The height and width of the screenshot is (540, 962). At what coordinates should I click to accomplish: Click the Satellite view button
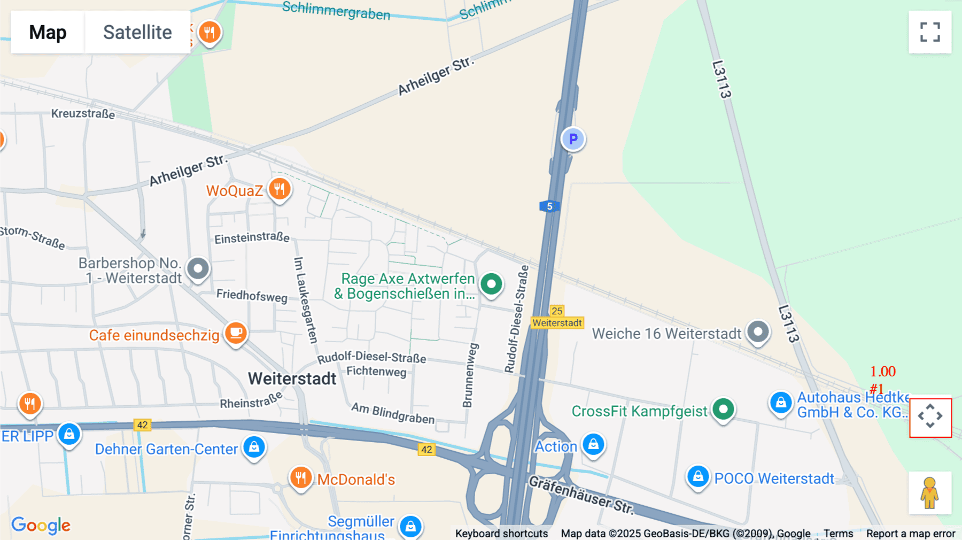pos(137,32)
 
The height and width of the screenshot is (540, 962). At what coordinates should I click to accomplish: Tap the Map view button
pos(48,32)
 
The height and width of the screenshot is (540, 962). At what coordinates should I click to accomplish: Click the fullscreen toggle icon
pos(930,32)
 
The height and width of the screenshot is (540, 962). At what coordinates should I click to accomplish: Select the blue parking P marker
pos(573,139)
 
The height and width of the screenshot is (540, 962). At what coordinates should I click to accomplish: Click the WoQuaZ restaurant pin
pos(279,189)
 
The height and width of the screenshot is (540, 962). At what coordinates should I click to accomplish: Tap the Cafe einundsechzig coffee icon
pos(236,333)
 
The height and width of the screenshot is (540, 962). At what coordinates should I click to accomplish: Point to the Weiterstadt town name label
pos(292,379)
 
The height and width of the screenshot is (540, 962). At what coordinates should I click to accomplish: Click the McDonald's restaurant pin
pos(300,477)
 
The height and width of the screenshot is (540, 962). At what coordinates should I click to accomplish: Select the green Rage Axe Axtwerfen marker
pos(491,284)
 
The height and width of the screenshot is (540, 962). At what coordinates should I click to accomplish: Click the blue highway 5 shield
pos(549,206)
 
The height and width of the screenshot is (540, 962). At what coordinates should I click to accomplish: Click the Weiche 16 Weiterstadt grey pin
pos(757,332)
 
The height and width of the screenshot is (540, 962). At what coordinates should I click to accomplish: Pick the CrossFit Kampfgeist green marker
pos(723,410)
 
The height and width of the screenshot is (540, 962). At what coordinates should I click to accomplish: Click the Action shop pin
pos(593,444)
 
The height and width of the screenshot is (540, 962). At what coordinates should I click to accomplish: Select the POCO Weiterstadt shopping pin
pos(698,476)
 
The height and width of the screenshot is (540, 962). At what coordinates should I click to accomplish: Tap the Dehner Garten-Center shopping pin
pos(254,446)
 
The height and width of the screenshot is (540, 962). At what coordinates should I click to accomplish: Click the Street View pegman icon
pos(930,493)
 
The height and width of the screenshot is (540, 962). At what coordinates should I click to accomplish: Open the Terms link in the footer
pos(838,534)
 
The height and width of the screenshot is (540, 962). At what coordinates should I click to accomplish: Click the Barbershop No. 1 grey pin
pos(198,268)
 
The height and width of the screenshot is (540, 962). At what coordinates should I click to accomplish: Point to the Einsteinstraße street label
pos(252,237)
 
